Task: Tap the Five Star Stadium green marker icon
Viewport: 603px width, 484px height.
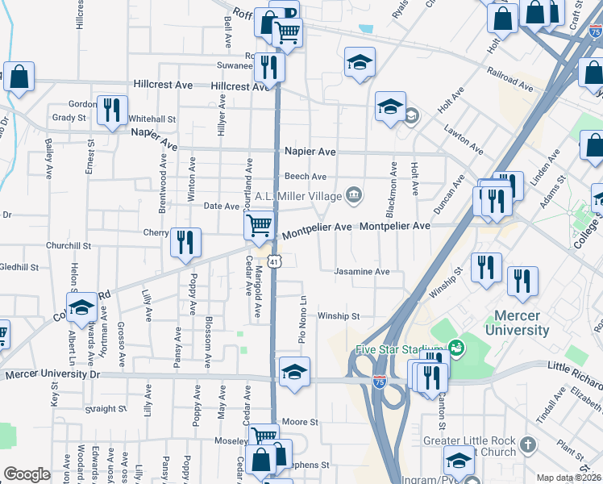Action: tap(457, 348)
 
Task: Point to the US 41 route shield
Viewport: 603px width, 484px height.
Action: tap(275, 262)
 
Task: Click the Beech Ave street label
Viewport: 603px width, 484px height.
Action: tap(305, 177)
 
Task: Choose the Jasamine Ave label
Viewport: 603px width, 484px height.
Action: tap(362, 272)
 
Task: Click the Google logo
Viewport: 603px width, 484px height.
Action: tap(27, 474)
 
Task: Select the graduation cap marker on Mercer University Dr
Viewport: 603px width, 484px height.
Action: tap(294, 373)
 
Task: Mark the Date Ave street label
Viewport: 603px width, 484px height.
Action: tap(221, 207)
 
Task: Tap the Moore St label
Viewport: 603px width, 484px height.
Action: tap(301, 422)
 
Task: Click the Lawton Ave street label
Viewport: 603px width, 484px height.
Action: tap(463, 138)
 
